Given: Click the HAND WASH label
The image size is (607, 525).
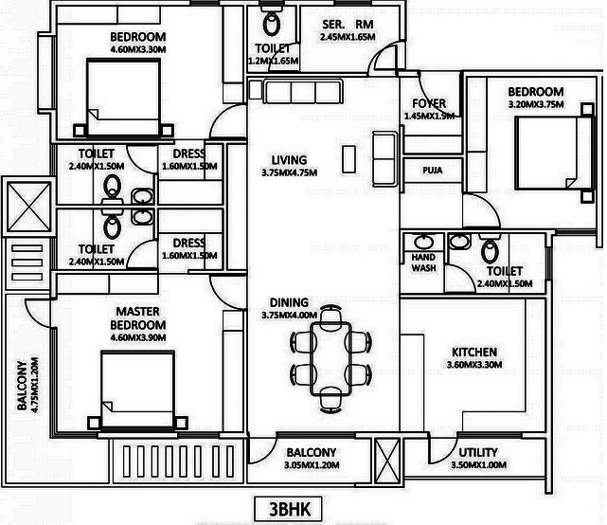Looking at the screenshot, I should click(423, 262).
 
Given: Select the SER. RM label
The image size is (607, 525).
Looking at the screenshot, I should click(348, 25).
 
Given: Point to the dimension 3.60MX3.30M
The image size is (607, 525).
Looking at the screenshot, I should click(473, 365).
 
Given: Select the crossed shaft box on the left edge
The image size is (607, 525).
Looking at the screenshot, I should click(22, 204).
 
